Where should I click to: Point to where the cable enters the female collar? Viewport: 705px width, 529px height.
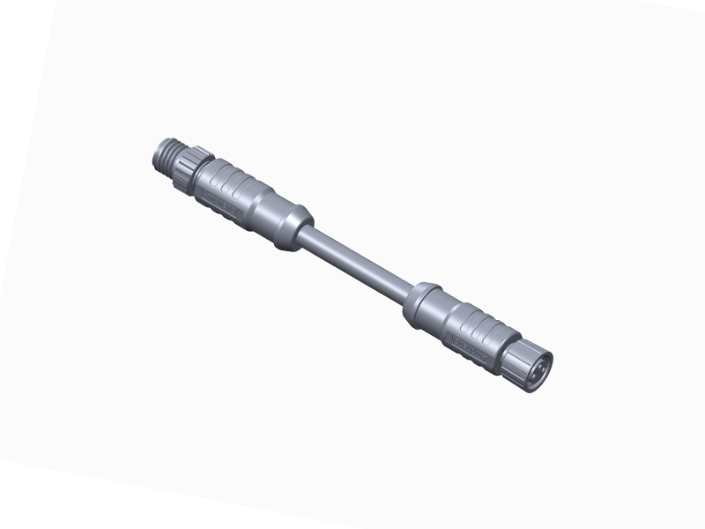click(x=408, y=292)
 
